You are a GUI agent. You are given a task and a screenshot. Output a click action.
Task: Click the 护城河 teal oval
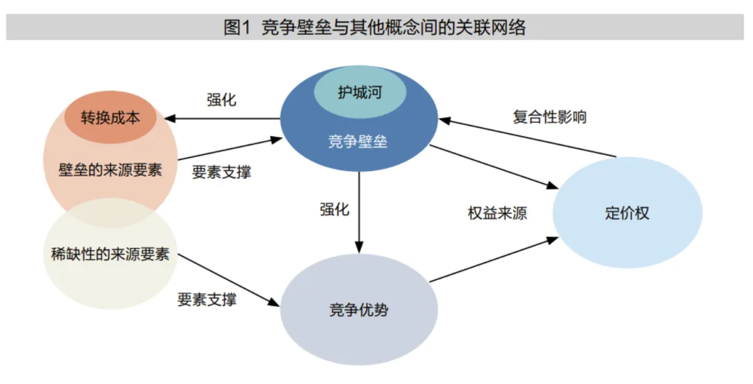(x=359, y=92)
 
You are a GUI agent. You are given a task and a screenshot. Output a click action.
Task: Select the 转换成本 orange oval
(x=110, y=117)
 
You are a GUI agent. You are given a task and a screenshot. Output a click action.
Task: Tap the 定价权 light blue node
(x=627, y=214)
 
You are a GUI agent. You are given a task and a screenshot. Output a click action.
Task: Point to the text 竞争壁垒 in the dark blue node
(x=358, y=142)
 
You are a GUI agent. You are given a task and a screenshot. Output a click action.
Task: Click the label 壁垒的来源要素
(x=110, y=170)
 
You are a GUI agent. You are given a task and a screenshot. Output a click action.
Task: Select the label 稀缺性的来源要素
(x=110, y=253)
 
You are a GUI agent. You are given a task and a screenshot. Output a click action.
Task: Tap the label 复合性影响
(x=549, y=117)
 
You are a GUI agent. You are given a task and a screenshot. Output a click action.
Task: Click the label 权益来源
(x=496, y=214)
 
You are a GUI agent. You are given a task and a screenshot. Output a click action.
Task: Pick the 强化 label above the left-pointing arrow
(x=222, y=100)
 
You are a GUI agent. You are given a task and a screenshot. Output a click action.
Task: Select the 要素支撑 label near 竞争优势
(x=206, y=300)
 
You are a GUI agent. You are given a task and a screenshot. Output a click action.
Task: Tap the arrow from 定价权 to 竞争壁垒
(x=530, y=138)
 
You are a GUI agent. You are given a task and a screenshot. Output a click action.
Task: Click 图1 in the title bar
(x=238, y=28)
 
